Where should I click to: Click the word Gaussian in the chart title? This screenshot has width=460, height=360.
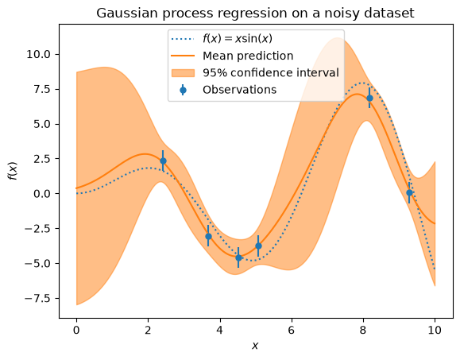(128, 14)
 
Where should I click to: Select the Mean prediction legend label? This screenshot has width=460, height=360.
(248, 56)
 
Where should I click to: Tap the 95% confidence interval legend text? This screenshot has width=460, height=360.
(271, 73)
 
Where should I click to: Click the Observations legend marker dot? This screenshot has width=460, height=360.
(183, 90)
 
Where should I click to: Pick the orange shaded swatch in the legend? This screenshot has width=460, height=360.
(183, 73)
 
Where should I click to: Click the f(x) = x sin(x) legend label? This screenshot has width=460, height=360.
(238, 39)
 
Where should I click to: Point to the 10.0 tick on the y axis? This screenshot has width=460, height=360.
(38, 54)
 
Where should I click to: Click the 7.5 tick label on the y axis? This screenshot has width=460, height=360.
(43, 89)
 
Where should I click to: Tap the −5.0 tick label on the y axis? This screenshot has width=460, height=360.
(37, 264)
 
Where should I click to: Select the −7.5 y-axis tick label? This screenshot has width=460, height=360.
(37, 298)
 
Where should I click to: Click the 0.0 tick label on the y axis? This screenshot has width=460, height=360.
(43, 194)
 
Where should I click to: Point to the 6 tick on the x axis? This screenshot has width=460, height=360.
(291, 331)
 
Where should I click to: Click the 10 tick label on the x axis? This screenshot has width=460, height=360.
(435, 331)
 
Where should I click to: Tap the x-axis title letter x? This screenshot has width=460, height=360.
(255, 346)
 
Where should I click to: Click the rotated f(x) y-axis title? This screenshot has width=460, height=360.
(14, 171)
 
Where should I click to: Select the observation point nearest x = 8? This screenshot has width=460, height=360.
(369, 98)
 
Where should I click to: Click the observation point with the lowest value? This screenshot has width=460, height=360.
(238, 257)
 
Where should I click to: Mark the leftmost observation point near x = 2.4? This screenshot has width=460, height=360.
(163, 161)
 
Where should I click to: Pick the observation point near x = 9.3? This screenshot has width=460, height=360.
(409, 193)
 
